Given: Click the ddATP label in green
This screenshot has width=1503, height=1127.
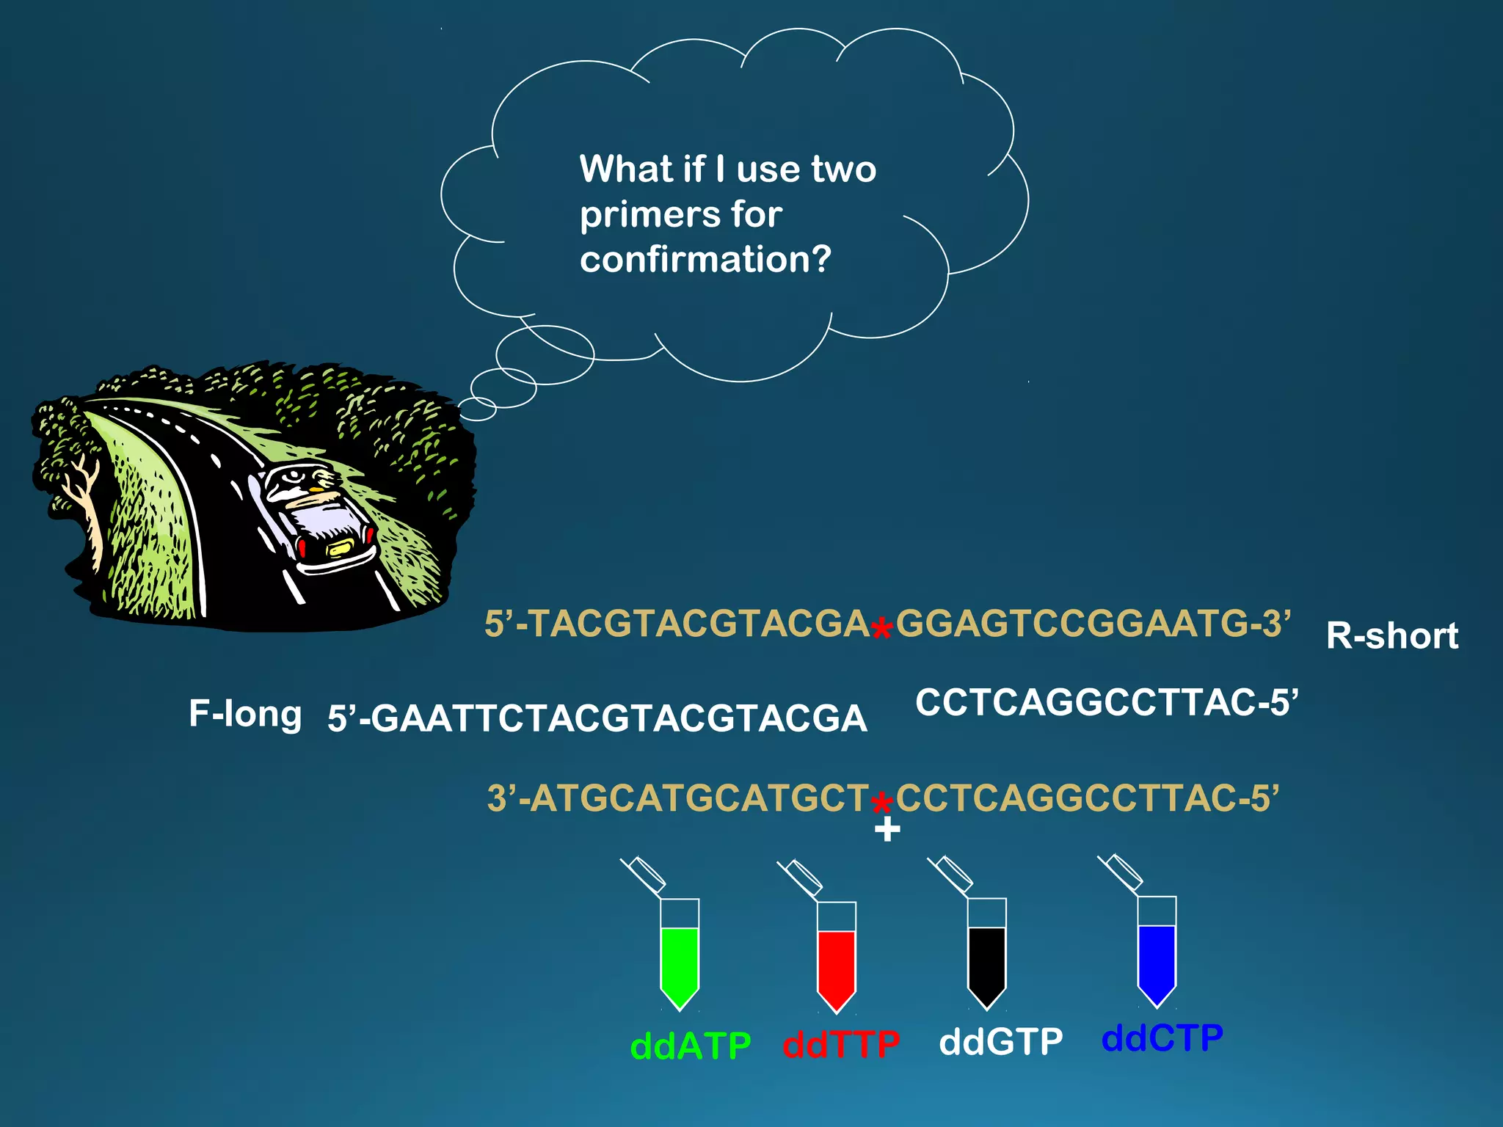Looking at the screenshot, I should (x=691, y=1046).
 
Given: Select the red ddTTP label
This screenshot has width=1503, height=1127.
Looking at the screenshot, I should (x=841, y=1044).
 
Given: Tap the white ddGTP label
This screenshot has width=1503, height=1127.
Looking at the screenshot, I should (x=1001, y=1042).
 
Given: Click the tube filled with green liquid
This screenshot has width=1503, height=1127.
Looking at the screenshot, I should (x=680, y=961).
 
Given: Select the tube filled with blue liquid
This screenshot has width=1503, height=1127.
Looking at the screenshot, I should (x=1157, y=958).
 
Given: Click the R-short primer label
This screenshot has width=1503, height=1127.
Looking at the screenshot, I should (x=1392, y=636).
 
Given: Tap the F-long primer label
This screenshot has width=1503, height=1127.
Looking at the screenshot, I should (x=245, y=714).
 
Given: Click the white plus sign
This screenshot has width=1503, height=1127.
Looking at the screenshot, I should (x=887, y=830).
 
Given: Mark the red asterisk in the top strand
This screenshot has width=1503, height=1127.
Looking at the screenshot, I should (x=881, y=628).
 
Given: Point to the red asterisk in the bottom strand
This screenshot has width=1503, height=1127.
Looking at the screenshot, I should (x=881, y=802).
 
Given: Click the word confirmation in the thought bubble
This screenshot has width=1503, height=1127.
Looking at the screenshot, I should (x=705, y=259).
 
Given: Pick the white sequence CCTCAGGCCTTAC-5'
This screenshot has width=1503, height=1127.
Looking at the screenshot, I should (x=1107, y=702).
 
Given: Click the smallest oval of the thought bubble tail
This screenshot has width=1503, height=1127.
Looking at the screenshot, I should (x=478, y=409).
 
